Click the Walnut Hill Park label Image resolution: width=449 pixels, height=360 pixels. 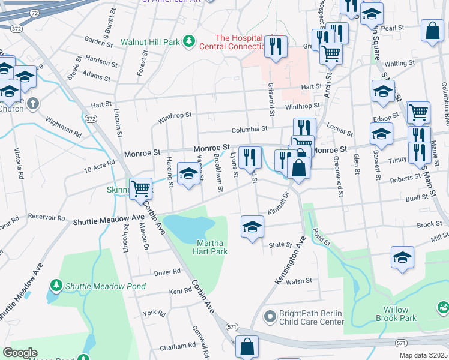point(150,43)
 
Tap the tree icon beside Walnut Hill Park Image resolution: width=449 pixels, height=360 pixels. point(190,41)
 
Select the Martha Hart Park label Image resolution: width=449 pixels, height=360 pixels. point(212,247)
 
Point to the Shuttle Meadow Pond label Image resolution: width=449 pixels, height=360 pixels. point(106,286)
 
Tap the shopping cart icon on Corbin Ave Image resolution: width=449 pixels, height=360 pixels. point(141,188)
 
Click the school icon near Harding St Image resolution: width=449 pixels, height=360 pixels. point(189,175)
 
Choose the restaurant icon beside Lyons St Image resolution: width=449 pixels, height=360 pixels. point(250,157)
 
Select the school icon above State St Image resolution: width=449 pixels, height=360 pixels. point(252,227)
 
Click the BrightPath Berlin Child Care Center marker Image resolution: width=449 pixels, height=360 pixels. point(270,314)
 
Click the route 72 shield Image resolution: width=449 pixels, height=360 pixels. point(35,12)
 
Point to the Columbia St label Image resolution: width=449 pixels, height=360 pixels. point(250,129)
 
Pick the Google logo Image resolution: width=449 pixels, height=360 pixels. point(20,353)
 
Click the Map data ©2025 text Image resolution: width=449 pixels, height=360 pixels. point(423,355)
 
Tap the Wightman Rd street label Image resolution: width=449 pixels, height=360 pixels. point(62,127)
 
